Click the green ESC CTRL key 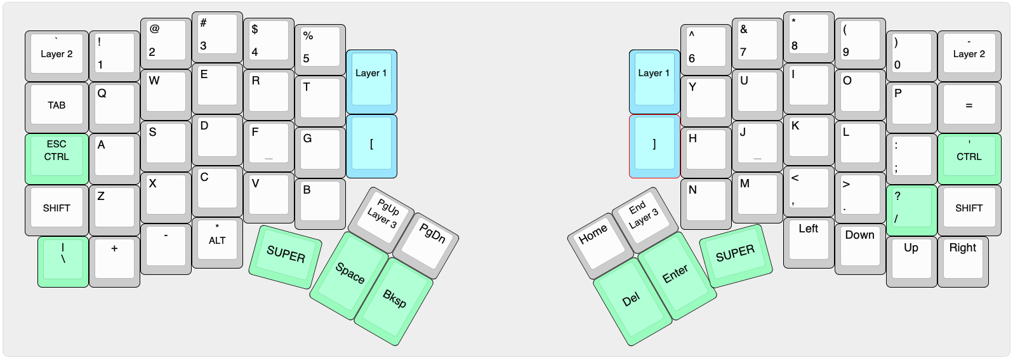click(x=56, y=157)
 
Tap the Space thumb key click(x=348, y=275)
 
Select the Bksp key click(x=394, y=299)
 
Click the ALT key click(x=217, y=242)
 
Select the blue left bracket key click(x=371, y=145)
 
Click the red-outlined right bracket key click(x=654, y=145)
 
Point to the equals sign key click(x=969, y=105)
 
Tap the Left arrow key click(x=808, y=242)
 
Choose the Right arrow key click(x=962, y=260)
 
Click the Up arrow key click(x=911, y=260)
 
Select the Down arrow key click(x=859, y=248)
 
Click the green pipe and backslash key click(x=63, y=261)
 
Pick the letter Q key click(x=114, y=106)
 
